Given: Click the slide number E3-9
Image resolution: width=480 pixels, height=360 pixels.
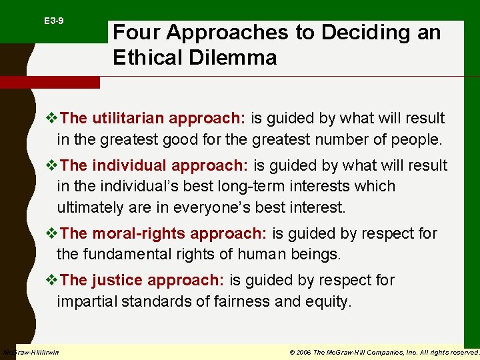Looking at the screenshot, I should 54,21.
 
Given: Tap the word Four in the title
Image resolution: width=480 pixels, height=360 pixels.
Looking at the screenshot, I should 137,32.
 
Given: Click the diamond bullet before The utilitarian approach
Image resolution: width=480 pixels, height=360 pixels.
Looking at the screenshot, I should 51,119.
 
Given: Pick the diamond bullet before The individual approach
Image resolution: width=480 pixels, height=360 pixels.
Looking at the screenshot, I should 51,166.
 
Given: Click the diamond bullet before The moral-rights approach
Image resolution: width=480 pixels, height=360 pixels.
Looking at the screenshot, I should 51,234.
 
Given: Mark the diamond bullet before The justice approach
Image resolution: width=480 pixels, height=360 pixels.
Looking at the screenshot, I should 51,281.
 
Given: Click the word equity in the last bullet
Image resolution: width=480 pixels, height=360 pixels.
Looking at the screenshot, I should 326,301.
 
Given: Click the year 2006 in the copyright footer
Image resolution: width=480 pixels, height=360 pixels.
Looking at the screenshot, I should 302,352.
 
